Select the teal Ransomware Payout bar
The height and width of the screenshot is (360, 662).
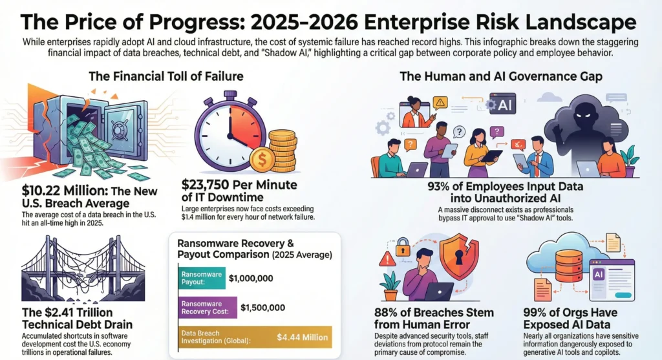200,279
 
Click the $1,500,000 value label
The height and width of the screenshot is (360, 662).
262,308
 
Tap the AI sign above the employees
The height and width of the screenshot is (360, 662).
502,103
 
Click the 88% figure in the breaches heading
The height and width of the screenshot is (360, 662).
390,313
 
